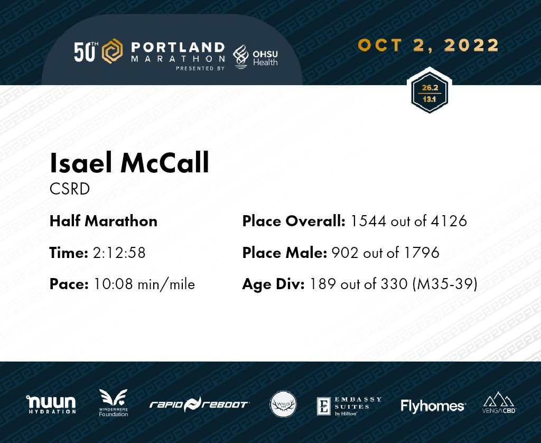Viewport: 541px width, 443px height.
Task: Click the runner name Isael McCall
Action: pyautogui.click(x=129, y=162)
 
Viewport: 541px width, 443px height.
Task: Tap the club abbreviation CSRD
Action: pyautogui.click(x=70, y=189)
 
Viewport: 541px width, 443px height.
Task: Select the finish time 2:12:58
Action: pyautogui.click(x=119, y=253)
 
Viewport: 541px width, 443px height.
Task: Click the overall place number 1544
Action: pyautogui.click(x=368, y=221)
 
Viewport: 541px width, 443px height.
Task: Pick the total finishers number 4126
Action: pyautogui.click(x=449, y=221)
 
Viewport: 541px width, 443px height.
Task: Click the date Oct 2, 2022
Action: pyautogui.click(x=428, y=45)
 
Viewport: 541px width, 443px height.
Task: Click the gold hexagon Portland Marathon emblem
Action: pyautogui.click(x=112, y=51)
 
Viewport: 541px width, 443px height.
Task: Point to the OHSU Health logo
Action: pyautogui.click(x=255, y=57)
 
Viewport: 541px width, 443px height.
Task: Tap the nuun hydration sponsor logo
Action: pyautogui.click(x=51, y=404)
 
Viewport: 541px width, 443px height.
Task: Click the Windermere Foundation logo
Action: pyautogui.click(x=113, y=403)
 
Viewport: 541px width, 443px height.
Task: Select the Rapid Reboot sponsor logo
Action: pyautogui.click(x=199, y=404)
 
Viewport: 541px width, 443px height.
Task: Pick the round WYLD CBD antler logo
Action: pyautogui.click(x=283, y=404)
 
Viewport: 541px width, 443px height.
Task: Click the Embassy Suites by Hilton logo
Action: pyautogui.click(x=349, y=406)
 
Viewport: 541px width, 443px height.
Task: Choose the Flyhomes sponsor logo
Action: pyautogui.click(x=433, y=406)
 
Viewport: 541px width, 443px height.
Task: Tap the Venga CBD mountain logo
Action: pyautogui.click(x=499, y=402)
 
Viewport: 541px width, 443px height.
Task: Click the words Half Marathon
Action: pyautogui.click(x=104, y=221)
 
